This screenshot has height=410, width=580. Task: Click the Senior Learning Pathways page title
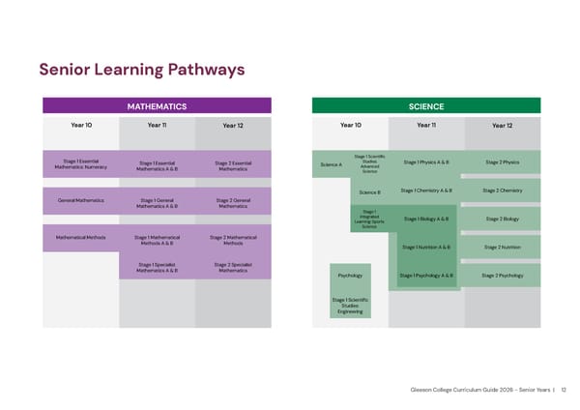pos(141,70)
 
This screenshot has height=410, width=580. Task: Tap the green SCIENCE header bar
pos(425,106)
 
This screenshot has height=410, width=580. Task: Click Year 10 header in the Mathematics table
pos(81,125)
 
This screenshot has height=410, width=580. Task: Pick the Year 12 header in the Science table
pos(502,125)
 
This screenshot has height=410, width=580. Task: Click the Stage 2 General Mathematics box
pos(233,203)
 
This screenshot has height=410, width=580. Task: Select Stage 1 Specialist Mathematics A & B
pos(157,268)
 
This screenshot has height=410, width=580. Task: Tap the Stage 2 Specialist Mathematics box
pos(233,268)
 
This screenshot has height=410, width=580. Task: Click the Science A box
pos(331,164)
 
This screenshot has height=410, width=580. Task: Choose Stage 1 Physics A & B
pos(425,161)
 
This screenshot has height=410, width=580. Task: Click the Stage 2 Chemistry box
pos(502,190)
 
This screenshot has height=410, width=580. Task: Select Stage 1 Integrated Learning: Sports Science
pos(368,220)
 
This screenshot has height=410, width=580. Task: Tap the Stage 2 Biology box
pos(502,220)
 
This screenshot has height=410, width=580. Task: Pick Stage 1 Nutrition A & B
pos(425,248)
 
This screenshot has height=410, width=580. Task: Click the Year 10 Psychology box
pos(350,276)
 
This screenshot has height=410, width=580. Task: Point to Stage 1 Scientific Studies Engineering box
pos(350,306)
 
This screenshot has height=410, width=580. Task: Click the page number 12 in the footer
pos(564,390)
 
